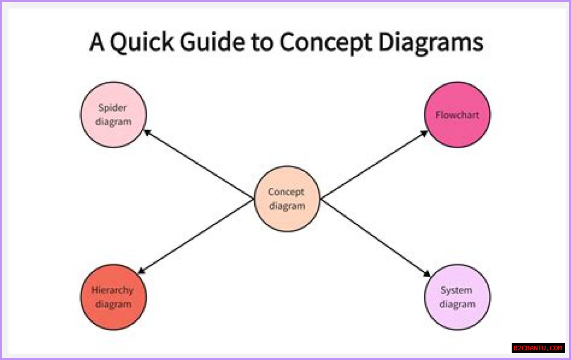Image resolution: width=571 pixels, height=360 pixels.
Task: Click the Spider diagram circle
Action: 113,114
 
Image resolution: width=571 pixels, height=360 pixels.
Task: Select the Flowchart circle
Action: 457,114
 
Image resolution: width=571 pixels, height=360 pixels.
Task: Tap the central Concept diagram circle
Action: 287,199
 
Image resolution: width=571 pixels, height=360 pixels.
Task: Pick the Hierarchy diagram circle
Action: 113,297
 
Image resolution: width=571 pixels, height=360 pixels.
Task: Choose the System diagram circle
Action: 457,297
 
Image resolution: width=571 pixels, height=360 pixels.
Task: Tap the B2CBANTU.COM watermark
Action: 538,348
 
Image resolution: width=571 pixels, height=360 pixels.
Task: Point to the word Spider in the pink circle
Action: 113,108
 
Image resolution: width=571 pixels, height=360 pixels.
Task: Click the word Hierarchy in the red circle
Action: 112,290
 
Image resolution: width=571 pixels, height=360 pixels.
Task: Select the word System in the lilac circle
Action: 456,290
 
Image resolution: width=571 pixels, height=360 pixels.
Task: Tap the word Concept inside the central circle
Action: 286,192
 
